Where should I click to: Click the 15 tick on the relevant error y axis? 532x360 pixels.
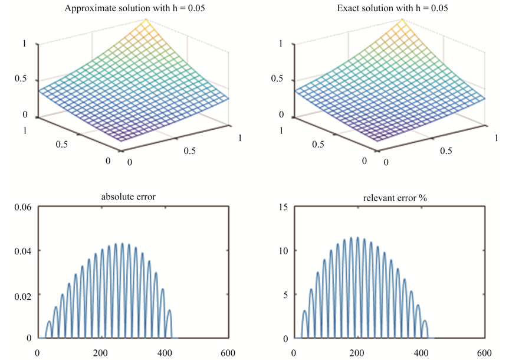click(x=283, y=207)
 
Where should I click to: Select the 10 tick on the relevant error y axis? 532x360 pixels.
click(x=283, y=250)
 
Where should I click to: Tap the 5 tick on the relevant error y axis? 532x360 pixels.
click(x=284, y=294)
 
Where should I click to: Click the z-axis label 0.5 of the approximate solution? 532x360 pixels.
click(x=26, y=80)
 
